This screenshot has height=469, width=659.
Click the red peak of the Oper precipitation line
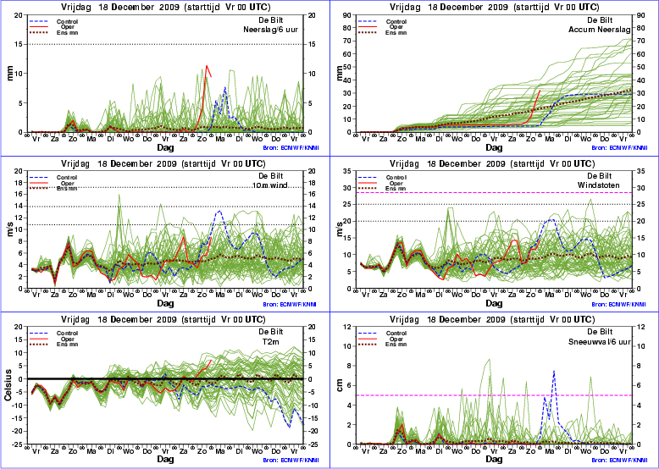tap(207, 67)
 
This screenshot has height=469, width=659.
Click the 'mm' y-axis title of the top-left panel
tap(10, 74)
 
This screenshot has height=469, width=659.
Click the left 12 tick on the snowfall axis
tap(347, 327)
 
